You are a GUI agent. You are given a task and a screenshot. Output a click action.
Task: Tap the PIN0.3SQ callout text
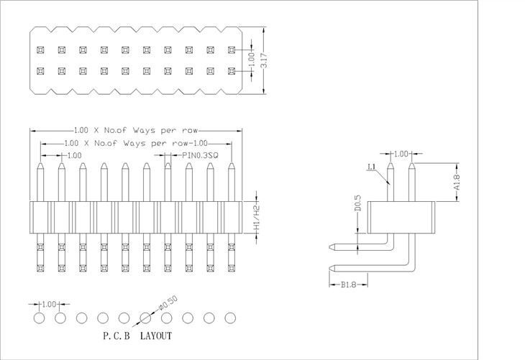click(x=201, y=154)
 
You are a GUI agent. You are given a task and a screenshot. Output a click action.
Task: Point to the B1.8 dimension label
click(x=347, y=284)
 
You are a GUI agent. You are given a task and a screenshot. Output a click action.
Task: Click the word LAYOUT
click(x=156, y=336)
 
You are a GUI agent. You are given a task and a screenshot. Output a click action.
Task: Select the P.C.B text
click(x=117, y=336)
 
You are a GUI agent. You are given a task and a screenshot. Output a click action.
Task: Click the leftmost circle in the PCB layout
click(x=40, y=317)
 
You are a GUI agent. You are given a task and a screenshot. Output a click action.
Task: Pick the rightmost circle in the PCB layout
click(x=231, y=317)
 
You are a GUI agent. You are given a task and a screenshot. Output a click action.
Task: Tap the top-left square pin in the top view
click(x=40, y=50)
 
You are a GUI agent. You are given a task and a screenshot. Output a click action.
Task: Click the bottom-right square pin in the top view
click(x=232, y=71)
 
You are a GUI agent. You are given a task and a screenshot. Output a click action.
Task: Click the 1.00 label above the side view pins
click(x=401, y=154)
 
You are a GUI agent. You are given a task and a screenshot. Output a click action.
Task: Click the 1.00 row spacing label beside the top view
click(x=251, y=60)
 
